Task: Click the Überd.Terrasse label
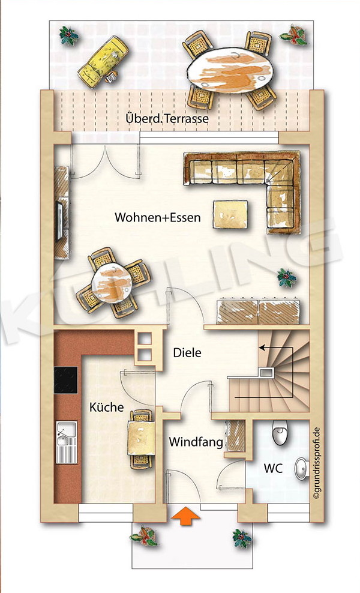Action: tap(167, 119)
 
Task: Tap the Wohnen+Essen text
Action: tap(158, 217)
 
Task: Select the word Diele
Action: tap(187, 352)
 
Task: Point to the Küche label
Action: tap(106, 408)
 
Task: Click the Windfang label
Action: tap(196, 442)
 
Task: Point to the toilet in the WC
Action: tap(281, 433)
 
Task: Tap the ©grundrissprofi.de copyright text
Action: tap(317, 462)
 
